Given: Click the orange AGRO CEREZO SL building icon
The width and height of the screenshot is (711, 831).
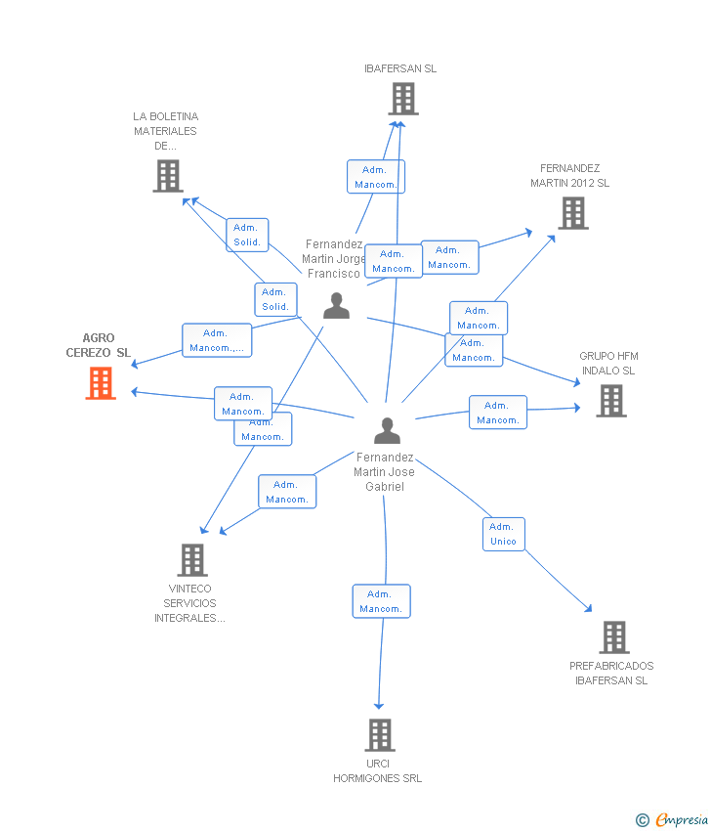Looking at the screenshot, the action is point(101,383).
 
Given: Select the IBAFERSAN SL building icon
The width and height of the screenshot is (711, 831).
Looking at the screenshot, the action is point(403,99).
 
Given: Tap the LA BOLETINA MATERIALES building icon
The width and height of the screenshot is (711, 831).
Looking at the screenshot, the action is point(168,176).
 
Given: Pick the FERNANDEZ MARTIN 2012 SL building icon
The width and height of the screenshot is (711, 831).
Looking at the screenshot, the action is point(573,213).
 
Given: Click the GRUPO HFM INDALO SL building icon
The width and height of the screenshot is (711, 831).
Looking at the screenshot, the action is point(611,401).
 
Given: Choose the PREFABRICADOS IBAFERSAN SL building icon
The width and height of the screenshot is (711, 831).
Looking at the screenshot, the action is point(614,637).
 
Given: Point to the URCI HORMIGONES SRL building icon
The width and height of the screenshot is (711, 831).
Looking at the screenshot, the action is point(380,735).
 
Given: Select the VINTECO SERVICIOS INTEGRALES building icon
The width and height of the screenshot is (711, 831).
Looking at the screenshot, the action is point(192,559).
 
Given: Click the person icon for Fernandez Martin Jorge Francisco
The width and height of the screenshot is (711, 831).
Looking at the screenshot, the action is point(337,306).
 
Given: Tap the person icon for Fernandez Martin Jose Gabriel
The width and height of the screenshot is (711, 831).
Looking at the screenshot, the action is point(387,430).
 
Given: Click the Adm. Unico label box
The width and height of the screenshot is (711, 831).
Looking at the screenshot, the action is point(504,534).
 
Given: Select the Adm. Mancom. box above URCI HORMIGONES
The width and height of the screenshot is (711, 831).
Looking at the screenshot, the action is point(381,601).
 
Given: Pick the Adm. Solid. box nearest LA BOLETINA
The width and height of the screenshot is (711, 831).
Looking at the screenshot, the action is point(247,235).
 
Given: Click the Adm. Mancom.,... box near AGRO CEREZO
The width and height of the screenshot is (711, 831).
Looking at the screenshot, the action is point(217,340).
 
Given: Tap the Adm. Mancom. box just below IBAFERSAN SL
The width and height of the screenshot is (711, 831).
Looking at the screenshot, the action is point(376,177).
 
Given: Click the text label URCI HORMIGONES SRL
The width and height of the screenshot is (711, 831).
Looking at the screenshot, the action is point(377,770).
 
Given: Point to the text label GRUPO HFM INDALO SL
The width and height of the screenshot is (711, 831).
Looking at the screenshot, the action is point(608,363).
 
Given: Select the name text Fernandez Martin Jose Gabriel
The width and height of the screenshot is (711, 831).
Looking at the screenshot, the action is point(385,471).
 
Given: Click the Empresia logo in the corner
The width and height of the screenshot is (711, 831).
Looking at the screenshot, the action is point(671,819).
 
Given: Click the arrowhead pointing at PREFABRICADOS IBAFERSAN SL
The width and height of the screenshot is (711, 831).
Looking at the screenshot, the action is point(589,609).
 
